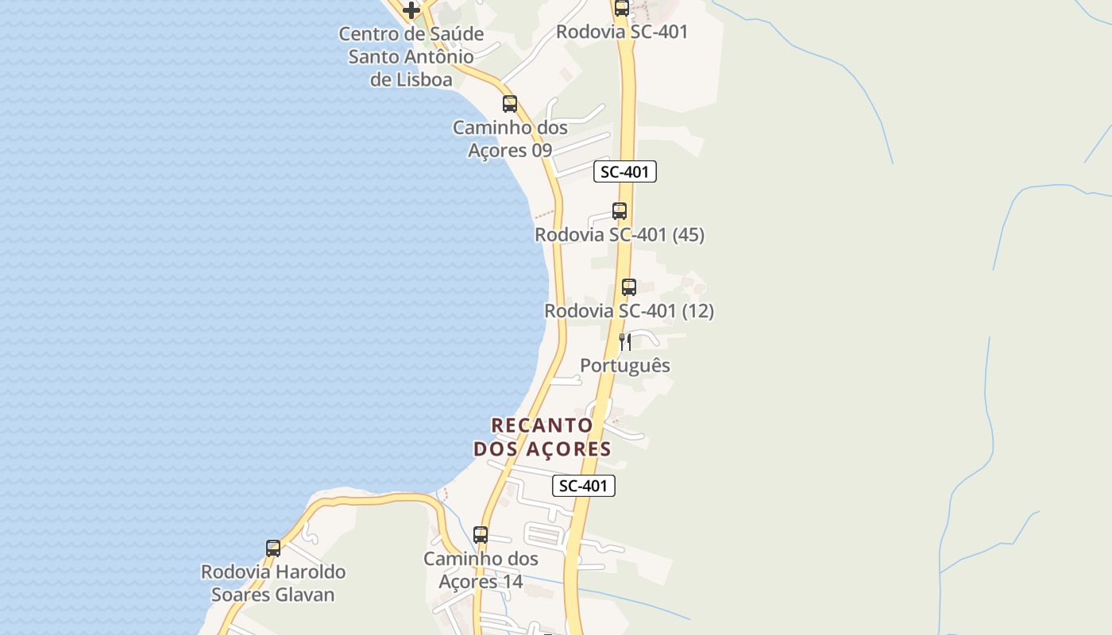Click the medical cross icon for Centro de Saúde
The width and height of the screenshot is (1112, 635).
click(411, 10)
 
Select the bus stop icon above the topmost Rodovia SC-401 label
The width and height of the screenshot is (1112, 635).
click(621, 9)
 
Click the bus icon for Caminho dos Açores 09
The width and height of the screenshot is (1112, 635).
click(509, 104)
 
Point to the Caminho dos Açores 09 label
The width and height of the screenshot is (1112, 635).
click(510, 139)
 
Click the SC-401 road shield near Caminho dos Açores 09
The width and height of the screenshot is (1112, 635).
click(625, 171)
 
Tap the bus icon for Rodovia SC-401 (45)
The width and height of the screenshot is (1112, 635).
click(620, 211)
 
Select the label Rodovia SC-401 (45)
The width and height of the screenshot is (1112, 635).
click(620, 235)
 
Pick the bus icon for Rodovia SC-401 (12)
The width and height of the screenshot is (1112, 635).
click(629, 287)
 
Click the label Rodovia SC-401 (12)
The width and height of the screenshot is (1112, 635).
click(629, 311)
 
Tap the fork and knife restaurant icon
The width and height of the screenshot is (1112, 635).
click(625, 342)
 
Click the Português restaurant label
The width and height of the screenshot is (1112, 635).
click(625, 366)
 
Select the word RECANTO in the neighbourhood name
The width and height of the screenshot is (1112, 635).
click(542, 425)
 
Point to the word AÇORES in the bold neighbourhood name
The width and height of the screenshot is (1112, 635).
click(566, 449)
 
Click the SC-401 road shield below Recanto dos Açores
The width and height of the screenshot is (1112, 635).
click(584, 486)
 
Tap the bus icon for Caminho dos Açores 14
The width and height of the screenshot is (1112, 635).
click(481, 535)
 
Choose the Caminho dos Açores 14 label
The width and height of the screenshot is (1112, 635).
click(481, 570)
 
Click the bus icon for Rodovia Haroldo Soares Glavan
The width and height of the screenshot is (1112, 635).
click(273, 548)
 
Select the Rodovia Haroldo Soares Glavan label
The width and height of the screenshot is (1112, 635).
click(273, 583)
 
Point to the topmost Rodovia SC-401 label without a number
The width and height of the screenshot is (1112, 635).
click(622, 32)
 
